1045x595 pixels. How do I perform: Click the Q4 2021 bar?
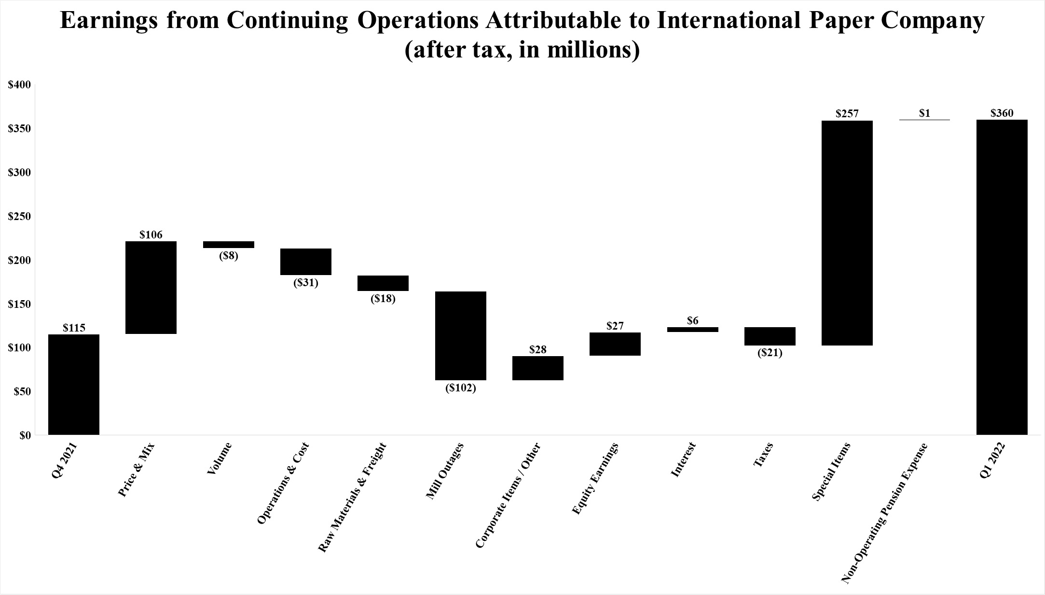pyautogui.click(x=74, y=385)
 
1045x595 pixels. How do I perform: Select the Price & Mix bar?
pyautogui.click(x=151, y=288)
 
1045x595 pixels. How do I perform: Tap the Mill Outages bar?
pyautogui.click(x=461, y=335)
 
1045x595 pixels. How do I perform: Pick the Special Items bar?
pyautogui.click(x=847, y=233)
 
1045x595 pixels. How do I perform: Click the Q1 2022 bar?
pyautogui.click(x=1002, y=277)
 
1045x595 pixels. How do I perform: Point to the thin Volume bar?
pyautogui.click(x=229, y=245)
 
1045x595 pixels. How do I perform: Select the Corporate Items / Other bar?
pyautogui.click(x=538, y=368)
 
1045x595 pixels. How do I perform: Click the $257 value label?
pyautogui.click(x=847, y=114)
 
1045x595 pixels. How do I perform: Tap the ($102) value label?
pyautogui.click(x=461, y=388)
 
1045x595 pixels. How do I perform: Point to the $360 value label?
pyautogui.click(x=1002, y=113)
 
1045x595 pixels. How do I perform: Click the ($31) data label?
pyautogui.click(x=306, y=283)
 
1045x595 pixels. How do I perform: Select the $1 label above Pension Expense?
pyautogui.click(x=924, y=113)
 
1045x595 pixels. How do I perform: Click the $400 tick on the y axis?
pyautogui.click(x=19, y=85)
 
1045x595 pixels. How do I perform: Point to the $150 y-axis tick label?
pyautogui.click(x=19, y=304)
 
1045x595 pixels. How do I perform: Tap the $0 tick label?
pyautogui.click(x=25, y=435)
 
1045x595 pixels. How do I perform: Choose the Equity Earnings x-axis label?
pyautogui.click(x=595, y=478)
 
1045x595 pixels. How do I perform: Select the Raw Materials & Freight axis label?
pyautogui.click(x=352, y=497)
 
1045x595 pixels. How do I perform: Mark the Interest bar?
pyautogui.click(x=692, y=330)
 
